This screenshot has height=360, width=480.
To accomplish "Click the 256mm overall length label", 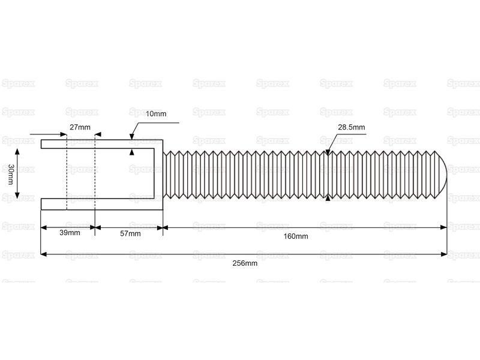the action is tap(245, 263).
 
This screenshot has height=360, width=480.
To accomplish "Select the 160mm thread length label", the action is tap(296, 236).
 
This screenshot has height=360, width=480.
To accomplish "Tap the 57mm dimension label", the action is tap(130, 234).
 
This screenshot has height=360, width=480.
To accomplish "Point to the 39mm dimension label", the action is tap(70, 233).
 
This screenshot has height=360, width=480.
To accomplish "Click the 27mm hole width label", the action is tap(80, 127).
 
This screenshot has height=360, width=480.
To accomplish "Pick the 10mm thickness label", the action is tap(156, 114).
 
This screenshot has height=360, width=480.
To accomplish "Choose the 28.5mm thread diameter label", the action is tap(352, 127).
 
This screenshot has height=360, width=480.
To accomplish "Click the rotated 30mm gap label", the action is tap(11, 175).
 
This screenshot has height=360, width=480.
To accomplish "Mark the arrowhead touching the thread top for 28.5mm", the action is tap(328, 152).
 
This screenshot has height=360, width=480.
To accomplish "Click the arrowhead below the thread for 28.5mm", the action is tap(328, 198).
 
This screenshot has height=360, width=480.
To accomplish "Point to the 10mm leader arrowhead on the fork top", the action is tap(132, 137).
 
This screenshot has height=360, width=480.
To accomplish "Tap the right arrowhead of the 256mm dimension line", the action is tap(443, 254).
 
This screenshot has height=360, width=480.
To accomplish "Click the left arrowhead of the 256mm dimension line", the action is tap(44, 254).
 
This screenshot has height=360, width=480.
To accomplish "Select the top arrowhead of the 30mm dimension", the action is tap(17, 152).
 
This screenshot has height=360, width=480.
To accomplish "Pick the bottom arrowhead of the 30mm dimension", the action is tap(17, 195).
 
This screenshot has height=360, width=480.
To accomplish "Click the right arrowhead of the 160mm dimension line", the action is tap(443, 227).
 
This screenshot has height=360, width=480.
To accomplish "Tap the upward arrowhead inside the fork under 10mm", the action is tap(132, 152).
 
